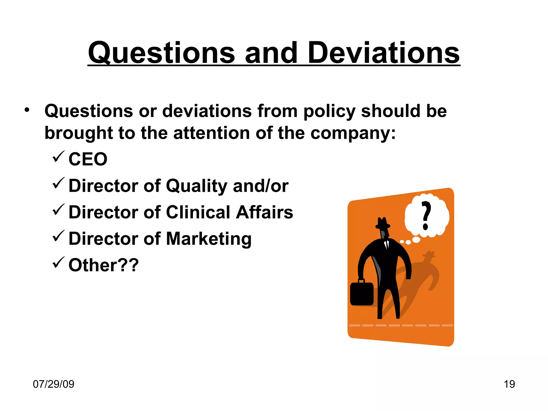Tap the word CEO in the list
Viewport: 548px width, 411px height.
(88, 159)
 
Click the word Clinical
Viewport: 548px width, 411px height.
(198, 212)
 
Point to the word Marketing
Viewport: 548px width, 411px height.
(209, 239)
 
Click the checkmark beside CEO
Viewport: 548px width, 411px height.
(58, 156)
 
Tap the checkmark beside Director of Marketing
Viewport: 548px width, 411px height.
(58, 236)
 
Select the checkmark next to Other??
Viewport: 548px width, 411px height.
(58, 262)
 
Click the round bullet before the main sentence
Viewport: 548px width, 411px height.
(27, 110)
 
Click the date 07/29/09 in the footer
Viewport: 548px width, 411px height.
(54, 384)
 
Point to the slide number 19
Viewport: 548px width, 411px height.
(509, 384)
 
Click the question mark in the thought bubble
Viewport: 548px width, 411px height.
(426, 215)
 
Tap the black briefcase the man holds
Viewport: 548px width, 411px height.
(362, 294)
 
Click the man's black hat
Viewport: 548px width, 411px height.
(383, 223)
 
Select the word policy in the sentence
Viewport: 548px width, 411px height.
(329, 111)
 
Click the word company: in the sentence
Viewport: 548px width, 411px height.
(353, 133)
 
